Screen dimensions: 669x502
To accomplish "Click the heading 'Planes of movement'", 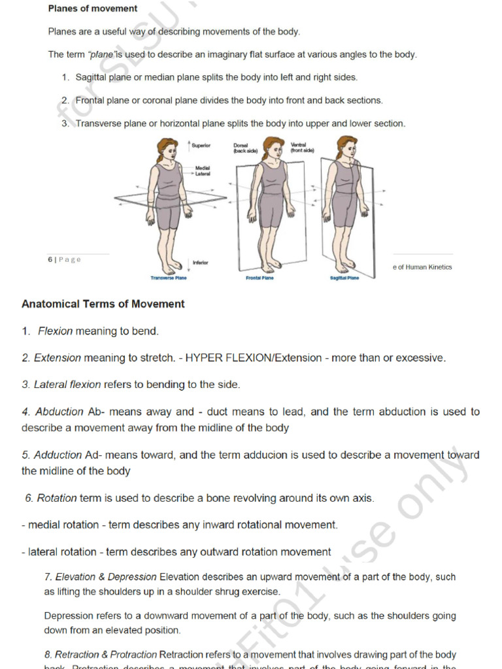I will [93, 8].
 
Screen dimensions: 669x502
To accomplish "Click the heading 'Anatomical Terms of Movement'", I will [103, 304].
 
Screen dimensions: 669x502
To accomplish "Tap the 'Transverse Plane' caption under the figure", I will [169, 278].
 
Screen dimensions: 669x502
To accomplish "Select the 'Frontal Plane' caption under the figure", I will [259, 278].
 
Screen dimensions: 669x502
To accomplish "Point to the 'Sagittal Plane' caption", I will [344, 278].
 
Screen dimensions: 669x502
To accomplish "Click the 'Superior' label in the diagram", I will [201, 145].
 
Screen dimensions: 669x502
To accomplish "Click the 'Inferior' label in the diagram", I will [200, 263].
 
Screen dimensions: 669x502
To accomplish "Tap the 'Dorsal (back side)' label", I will [246, 148].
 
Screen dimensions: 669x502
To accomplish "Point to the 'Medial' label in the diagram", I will [202, 167].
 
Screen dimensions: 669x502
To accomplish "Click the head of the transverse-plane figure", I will [168, 150].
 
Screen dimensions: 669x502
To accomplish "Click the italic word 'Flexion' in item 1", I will [55, 331].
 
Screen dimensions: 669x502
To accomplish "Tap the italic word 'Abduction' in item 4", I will [59, 412].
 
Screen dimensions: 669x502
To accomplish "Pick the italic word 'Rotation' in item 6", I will [57, 498].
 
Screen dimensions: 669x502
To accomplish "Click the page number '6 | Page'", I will [64, 259].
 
